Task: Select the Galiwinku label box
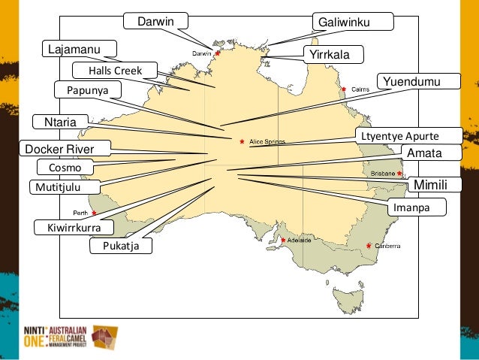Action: [x=352, y=23]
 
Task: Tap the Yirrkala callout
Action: [x=332, y=55]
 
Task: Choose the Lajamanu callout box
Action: [x=78, y=50]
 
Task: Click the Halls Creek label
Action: [x=115, y=71]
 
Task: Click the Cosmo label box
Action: [x=65, y=167]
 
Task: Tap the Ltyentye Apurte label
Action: [x=398, y=136]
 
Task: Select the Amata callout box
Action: [x=423, y=153]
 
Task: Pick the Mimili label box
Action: [x=431, y=184]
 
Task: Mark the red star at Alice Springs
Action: [x=242, y=141]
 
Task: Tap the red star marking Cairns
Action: [x=344, y=89]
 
